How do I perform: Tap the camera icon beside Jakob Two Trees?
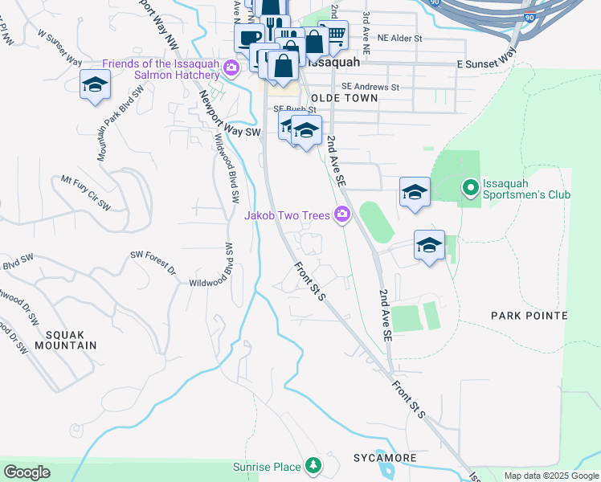point(343,214)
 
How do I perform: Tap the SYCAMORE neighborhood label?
point(386,458)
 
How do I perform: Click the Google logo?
point(27,472)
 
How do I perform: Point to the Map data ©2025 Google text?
point(550,476)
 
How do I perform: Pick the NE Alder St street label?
point(399,38)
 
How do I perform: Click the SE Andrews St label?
point(370,86)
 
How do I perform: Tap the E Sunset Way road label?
point(486,58)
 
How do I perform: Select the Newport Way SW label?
point(231,118)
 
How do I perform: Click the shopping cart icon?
point(337,33)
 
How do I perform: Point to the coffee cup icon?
point(249,37)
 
